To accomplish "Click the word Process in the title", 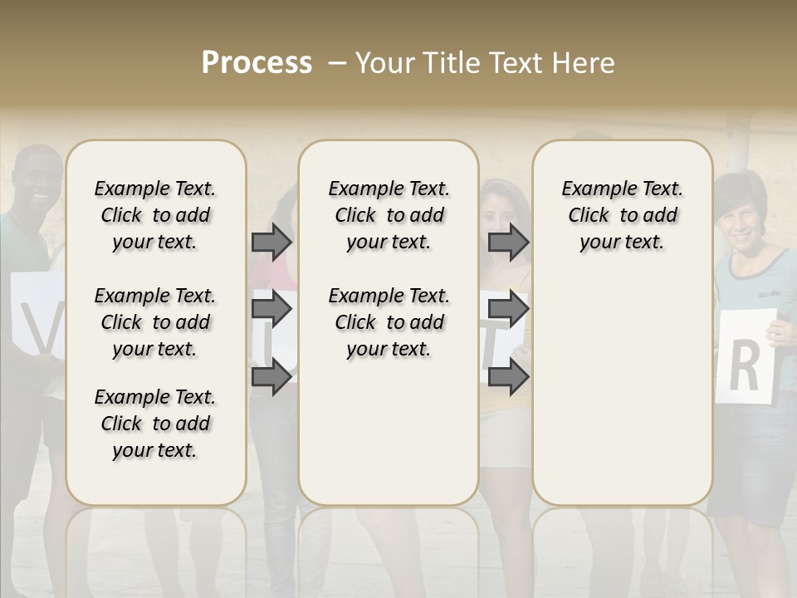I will (257, 62).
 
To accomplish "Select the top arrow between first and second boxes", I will (271, 242).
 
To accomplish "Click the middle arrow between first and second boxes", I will (271, 309).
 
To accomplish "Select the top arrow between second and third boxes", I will (508, 242).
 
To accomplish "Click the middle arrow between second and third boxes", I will (508, 309).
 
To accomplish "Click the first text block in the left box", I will (155, 215).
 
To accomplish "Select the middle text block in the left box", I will (155, 322).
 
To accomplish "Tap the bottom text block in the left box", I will (155, 424).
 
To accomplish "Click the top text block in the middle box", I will (389, 215).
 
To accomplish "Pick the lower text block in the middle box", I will (389, 322).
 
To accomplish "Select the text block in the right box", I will (622, 215).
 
